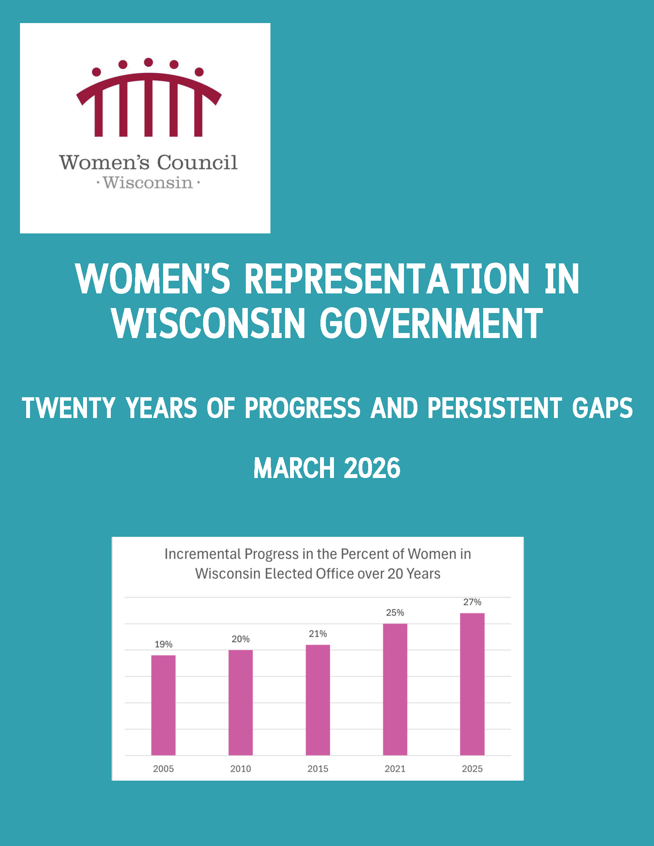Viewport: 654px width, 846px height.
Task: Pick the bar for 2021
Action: click(395, 689)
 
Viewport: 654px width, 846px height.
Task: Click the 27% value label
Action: click(472, 602)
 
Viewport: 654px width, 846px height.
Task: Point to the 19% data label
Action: click(163, 644)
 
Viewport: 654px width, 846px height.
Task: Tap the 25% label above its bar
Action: click(395, 613)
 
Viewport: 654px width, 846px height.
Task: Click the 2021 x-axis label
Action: click(395, 769)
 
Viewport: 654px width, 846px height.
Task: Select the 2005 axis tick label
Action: click(163, 769)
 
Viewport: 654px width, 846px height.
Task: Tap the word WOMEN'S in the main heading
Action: click(153, 279)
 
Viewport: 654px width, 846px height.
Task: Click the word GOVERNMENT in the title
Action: click(431, 323)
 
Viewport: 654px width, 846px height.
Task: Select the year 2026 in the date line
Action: click(372, 468)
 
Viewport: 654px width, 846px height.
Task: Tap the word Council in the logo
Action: click(197, 162)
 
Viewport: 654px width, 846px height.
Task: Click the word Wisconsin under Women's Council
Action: click(148, 183)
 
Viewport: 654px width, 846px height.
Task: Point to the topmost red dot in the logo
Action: click(148, 62)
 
